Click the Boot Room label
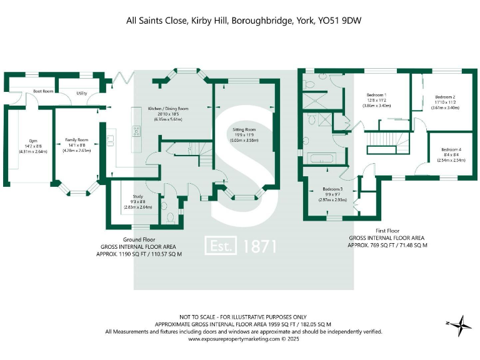pyautogui.click(x=43, y=91)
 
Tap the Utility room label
pyautogui.click(x=82, y=93)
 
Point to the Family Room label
pyautogui.click(x=77, y=140)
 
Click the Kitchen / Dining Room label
pyautogui.click(x=167, y=109)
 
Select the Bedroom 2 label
pyautogui.click(x=444, y=97)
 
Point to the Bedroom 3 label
pyautogui.click(x=332, y=189)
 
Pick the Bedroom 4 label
pyautogui.click(x=451, y=149)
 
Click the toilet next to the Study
pyautogui.click(x=171, y=217)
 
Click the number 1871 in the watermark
pyautogui.click(x=257, y=246)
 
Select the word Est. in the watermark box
pyautogui.click(x=221, y=246)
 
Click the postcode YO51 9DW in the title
pyautogui.click(x=340, y=21)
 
